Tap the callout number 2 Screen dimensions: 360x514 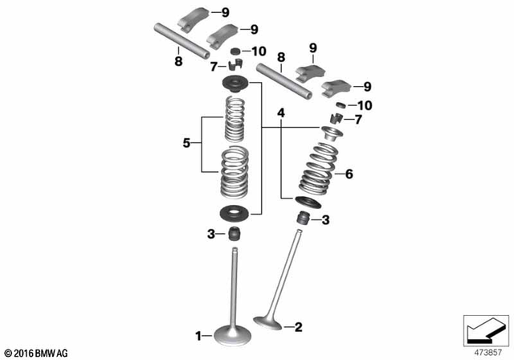pyautogui.click(x=298, y=327)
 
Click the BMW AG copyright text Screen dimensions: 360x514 pyautogui.click(x=37, y=351)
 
